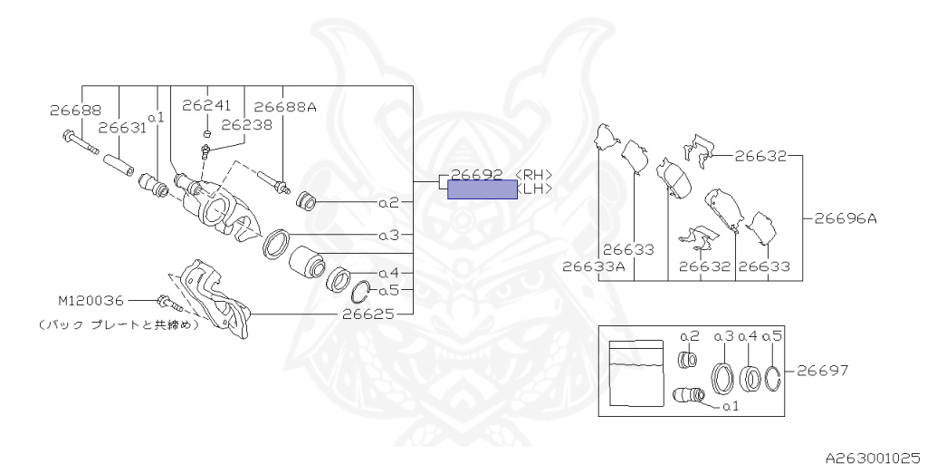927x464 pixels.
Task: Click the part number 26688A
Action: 285,107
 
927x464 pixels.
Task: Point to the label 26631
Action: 122,128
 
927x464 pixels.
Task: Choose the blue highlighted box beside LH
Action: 483,188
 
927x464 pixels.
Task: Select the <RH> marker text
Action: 533,174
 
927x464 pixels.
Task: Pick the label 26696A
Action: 845,217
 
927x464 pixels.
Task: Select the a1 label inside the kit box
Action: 731,407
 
